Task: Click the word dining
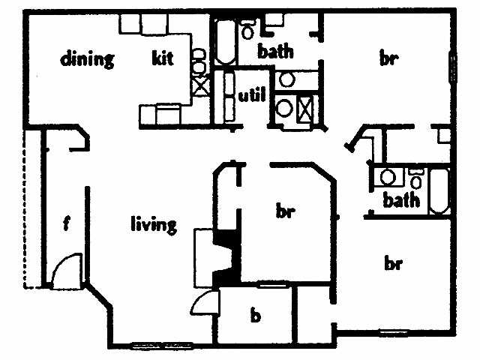point(87,59)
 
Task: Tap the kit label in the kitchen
point(163,58)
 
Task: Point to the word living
point(154,223)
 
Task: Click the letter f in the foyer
point(67,224)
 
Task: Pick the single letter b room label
point(255,316)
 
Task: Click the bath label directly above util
point(275,52)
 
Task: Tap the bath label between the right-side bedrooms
point(401,200)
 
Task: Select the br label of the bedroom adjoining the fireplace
point(283,212)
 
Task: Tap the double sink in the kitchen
point(198,61)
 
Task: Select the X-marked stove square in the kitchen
point(199,85)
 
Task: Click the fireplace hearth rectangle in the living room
point(204,256)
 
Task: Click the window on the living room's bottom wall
point(157,346)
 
